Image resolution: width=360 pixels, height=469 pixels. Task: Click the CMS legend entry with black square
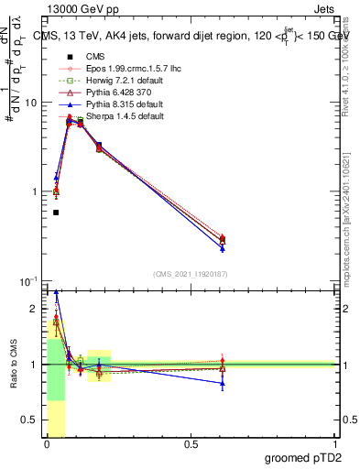click(x=82, y=56)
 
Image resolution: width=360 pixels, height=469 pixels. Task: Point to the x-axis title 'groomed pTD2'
click(x=301, y=457)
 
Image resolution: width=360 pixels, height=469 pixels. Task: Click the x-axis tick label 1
click(x=335, y=444)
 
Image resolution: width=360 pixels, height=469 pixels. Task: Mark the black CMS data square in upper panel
click(x=56, y=213)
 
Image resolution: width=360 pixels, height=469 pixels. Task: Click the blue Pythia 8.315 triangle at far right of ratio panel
click(x=223, y=383)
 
